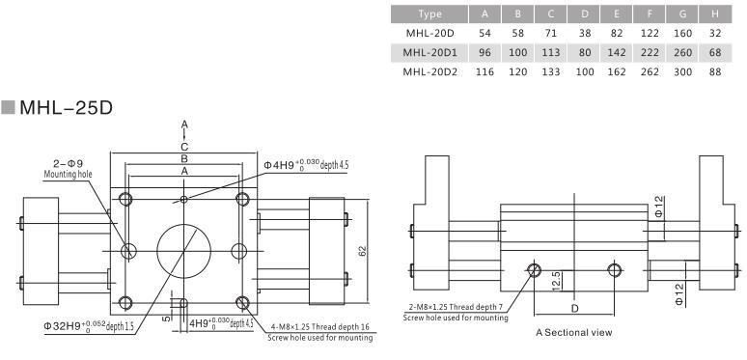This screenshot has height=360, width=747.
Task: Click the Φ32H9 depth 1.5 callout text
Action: pos(86,325)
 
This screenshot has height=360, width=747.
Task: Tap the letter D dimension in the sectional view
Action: pos(574,308)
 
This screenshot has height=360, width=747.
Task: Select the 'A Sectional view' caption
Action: pos(569,332)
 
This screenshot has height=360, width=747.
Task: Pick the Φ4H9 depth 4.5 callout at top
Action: pos(306,165)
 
